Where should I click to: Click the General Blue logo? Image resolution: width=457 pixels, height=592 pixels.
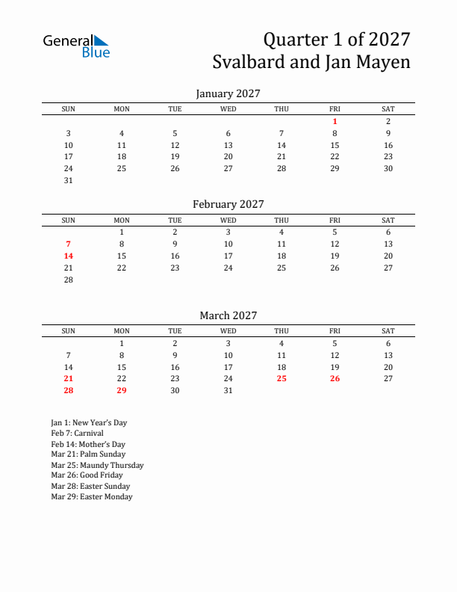coord(76,46)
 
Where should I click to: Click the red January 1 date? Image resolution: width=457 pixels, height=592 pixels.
coord(335,121)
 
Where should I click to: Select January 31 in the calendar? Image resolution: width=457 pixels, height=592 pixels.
coord(68,181)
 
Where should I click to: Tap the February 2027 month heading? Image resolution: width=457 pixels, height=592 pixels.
coord(228,204)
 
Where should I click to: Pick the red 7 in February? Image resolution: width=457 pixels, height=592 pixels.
coord(68,244)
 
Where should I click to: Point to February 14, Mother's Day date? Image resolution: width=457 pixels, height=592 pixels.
coord(68,256)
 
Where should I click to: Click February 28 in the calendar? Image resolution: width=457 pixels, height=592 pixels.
coord(68,280)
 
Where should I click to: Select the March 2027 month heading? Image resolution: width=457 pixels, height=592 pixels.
coord(228,315)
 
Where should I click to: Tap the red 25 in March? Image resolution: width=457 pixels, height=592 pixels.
coord(282,379)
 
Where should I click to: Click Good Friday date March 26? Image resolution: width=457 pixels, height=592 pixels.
coord(335,379)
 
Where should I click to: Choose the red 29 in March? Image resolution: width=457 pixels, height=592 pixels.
coord(122,391)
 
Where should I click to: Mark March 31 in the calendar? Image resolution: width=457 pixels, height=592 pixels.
coord(228,391)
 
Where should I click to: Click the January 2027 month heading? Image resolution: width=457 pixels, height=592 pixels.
coord(228,93)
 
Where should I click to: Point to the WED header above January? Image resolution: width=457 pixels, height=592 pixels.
coord(228,109)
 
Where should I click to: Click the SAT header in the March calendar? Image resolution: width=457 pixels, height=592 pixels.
coord(388,331)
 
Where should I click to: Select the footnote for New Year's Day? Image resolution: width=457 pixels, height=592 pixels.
coord(89,422)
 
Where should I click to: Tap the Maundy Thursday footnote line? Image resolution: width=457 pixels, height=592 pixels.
coord(97,465)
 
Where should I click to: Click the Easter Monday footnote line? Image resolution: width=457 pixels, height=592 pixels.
coord(92,496)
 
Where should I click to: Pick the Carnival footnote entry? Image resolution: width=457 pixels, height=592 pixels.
coord(77,433)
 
